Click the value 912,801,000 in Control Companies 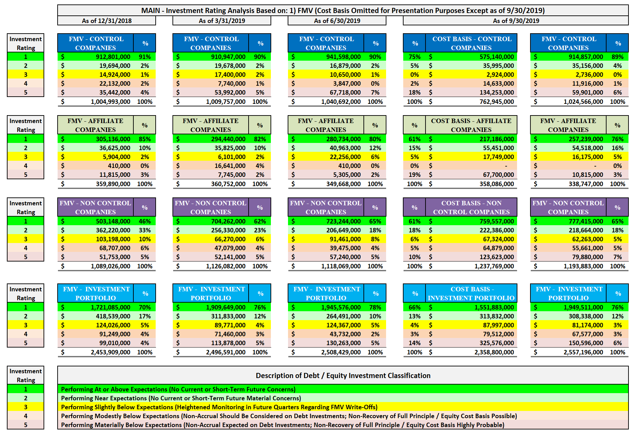[113, 57]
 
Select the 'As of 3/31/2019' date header [222, 21]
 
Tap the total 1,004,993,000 [110, 102]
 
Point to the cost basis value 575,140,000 [496, 57]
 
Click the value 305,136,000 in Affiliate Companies [113, 139]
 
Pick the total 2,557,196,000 [583, 352]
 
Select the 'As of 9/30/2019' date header [516, 21]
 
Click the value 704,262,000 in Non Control [228, 221]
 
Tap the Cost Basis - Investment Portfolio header [471, 293]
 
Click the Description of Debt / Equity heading [343, 376]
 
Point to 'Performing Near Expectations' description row [181, 398]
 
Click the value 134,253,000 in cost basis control [496, 93]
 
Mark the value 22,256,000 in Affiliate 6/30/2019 [345, 157]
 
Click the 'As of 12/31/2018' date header [107, 21]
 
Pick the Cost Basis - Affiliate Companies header [471, 125]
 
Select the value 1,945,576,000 [341, 307]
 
